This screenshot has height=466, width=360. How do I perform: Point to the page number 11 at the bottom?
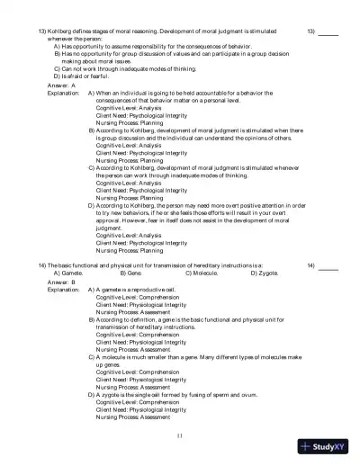coord(180,435)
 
